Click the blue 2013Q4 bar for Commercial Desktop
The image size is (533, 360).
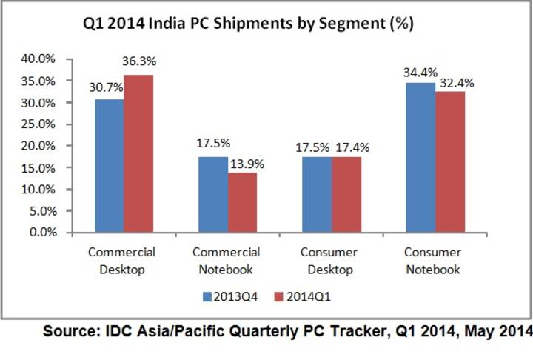109,166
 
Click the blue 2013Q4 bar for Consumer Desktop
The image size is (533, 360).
316,194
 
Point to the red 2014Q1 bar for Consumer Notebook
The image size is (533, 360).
449,162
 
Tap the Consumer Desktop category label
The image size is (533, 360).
331,261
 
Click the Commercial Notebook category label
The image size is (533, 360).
227,261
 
